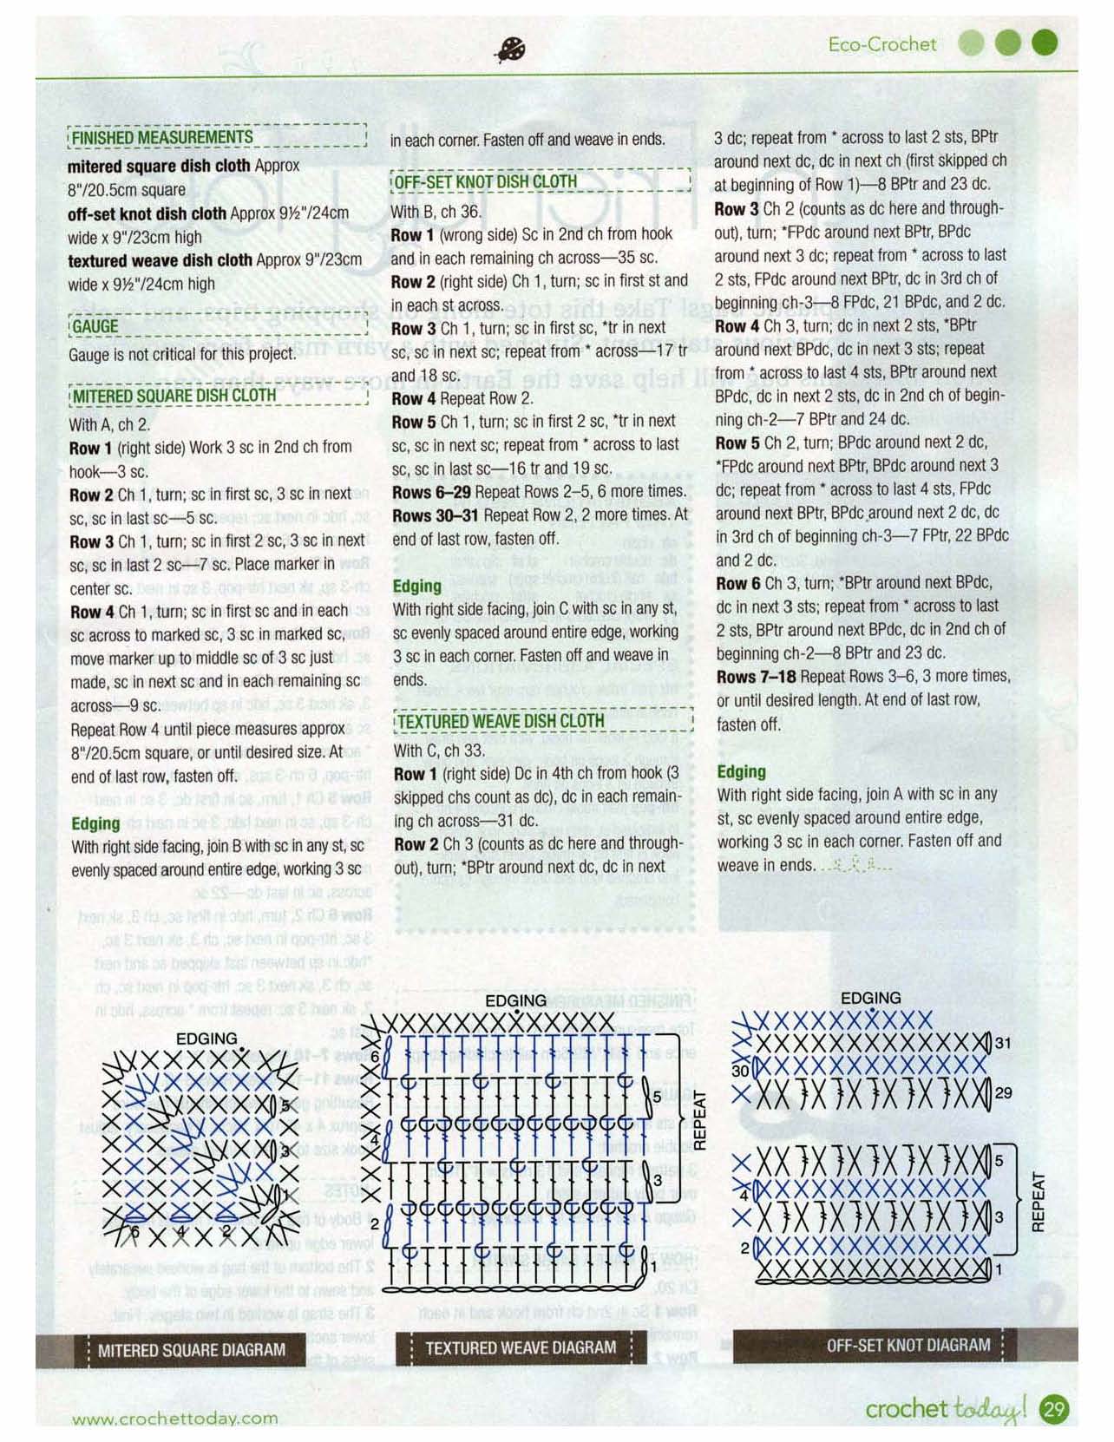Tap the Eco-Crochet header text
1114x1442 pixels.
pos(882,44)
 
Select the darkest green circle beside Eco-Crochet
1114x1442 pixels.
pos(1045,43)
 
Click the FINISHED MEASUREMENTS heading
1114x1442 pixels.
pos(162,137)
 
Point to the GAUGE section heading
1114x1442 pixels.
pos(95,326)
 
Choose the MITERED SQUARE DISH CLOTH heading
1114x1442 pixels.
pos(174,396)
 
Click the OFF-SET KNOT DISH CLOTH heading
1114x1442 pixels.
pos(484,181)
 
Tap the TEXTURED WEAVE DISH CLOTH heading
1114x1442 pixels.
pos(500,720)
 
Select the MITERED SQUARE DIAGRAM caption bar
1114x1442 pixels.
pos(191,1350)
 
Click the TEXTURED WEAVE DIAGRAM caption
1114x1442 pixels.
pos(521,1347)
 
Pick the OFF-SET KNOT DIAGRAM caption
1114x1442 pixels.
pos(908,1345)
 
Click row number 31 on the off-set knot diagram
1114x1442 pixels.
pos(1003,1043)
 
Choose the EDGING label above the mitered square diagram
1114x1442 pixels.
pos(206,1039)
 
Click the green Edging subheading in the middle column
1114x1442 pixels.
pos(416,587)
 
